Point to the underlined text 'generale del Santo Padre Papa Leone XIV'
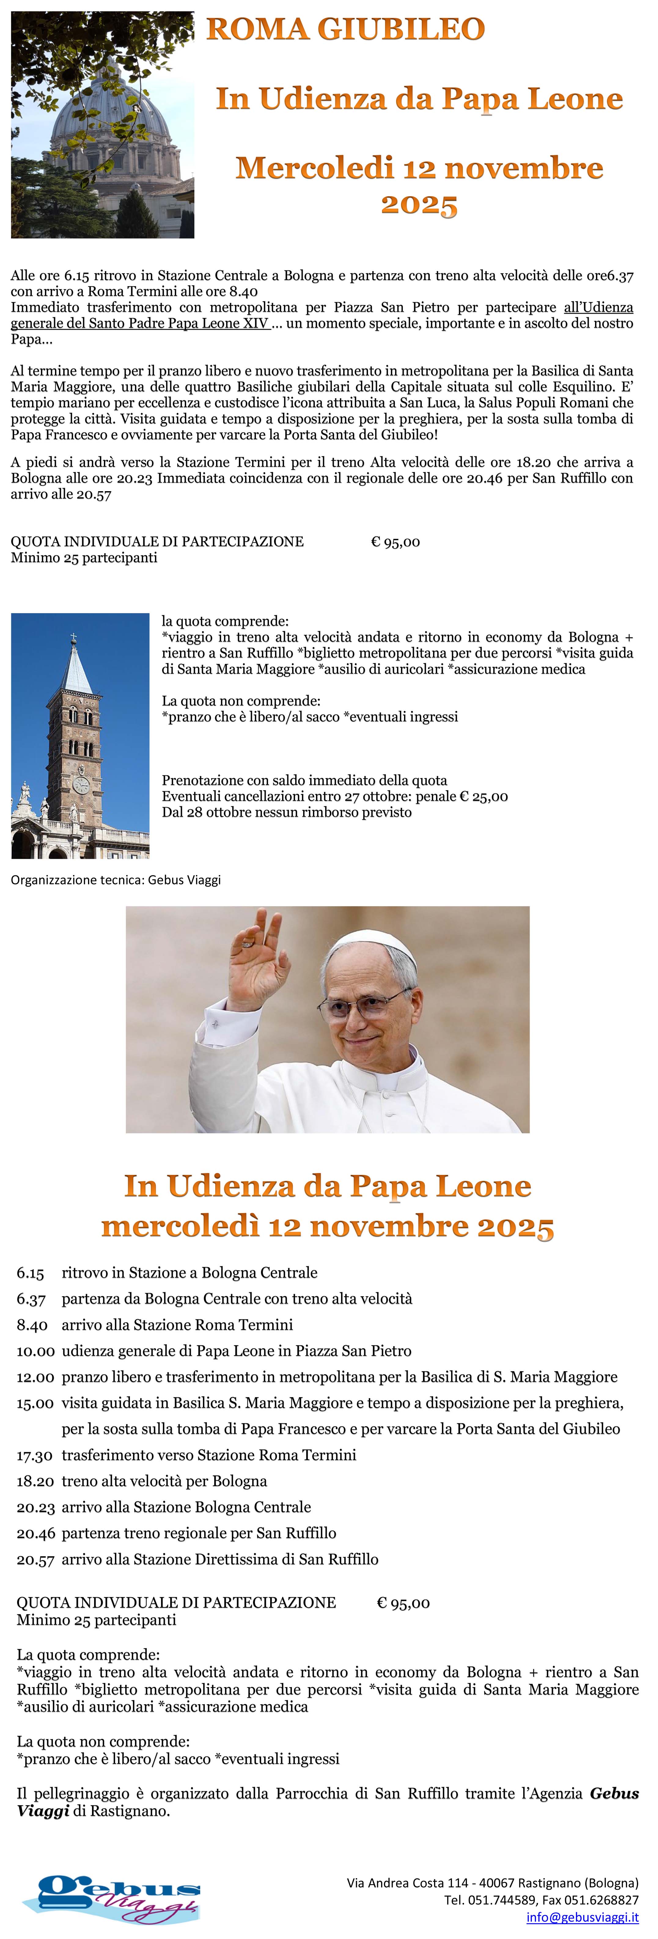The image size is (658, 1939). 139,323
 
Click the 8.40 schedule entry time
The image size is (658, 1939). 31,1325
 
